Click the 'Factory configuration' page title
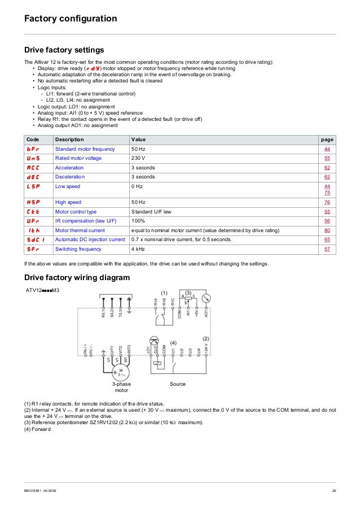71,19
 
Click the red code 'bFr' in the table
33,149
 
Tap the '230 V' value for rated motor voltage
138,158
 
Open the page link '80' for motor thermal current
327,230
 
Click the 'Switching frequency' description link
78,249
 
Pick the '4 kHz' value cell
138,249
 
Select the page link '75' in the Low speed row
327,193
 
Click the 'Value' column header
138,140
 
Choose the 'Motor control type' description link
76,211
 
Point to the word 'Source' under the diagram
178,384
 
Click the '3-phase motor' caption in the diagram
121,387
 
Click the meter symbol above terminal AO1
206,298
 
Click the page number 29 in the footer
333,490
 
